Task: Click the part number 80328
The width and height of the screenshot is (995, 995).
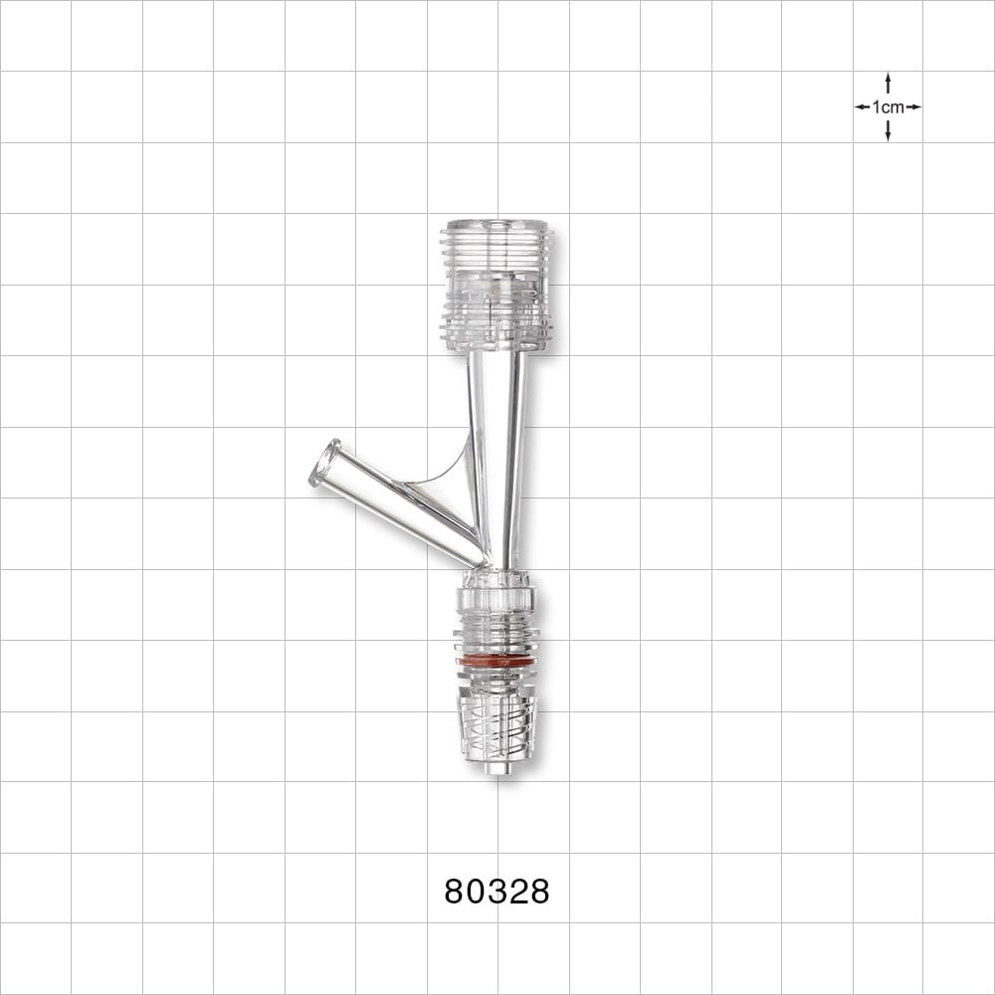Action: pyautogui.click(x=497, y=892)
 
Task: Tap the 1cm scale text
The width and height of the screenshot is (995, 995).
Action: pyautogui.click(x=888, y=107)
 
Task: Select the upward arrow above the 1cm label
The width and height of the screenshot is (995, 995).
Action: pyautogui.click(x=888, y=82)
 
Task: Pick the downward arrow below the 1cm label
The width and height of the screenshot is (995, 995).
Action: pyautogui.click(x=888, y=131)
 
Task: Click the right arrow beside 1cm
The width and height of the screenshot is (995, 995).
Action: pyautogui.click(x=913, y=106)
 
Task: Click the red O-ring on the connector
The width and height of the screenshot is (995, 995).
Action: pyautogui.click(x=496, y=661)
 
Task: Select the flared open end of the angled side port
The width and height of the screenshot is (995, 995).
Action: pyautogui.click(x=325, y=464)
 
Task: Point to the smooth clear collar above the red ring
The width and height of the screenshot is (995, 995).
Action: pyautogui.click(x=496, y=600)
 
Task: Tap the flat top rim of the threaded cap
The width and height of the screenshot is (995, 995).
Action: pyautogui.click(x=496, y=224)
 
